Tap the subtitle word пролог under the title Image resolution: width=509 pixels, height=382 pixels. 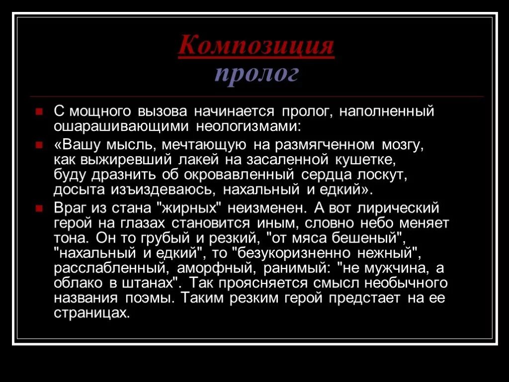pyautogui.click(x=257, y=74)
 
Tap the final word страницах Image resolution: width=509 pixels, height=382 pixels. pyautogui.click(x=91, y=313)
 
